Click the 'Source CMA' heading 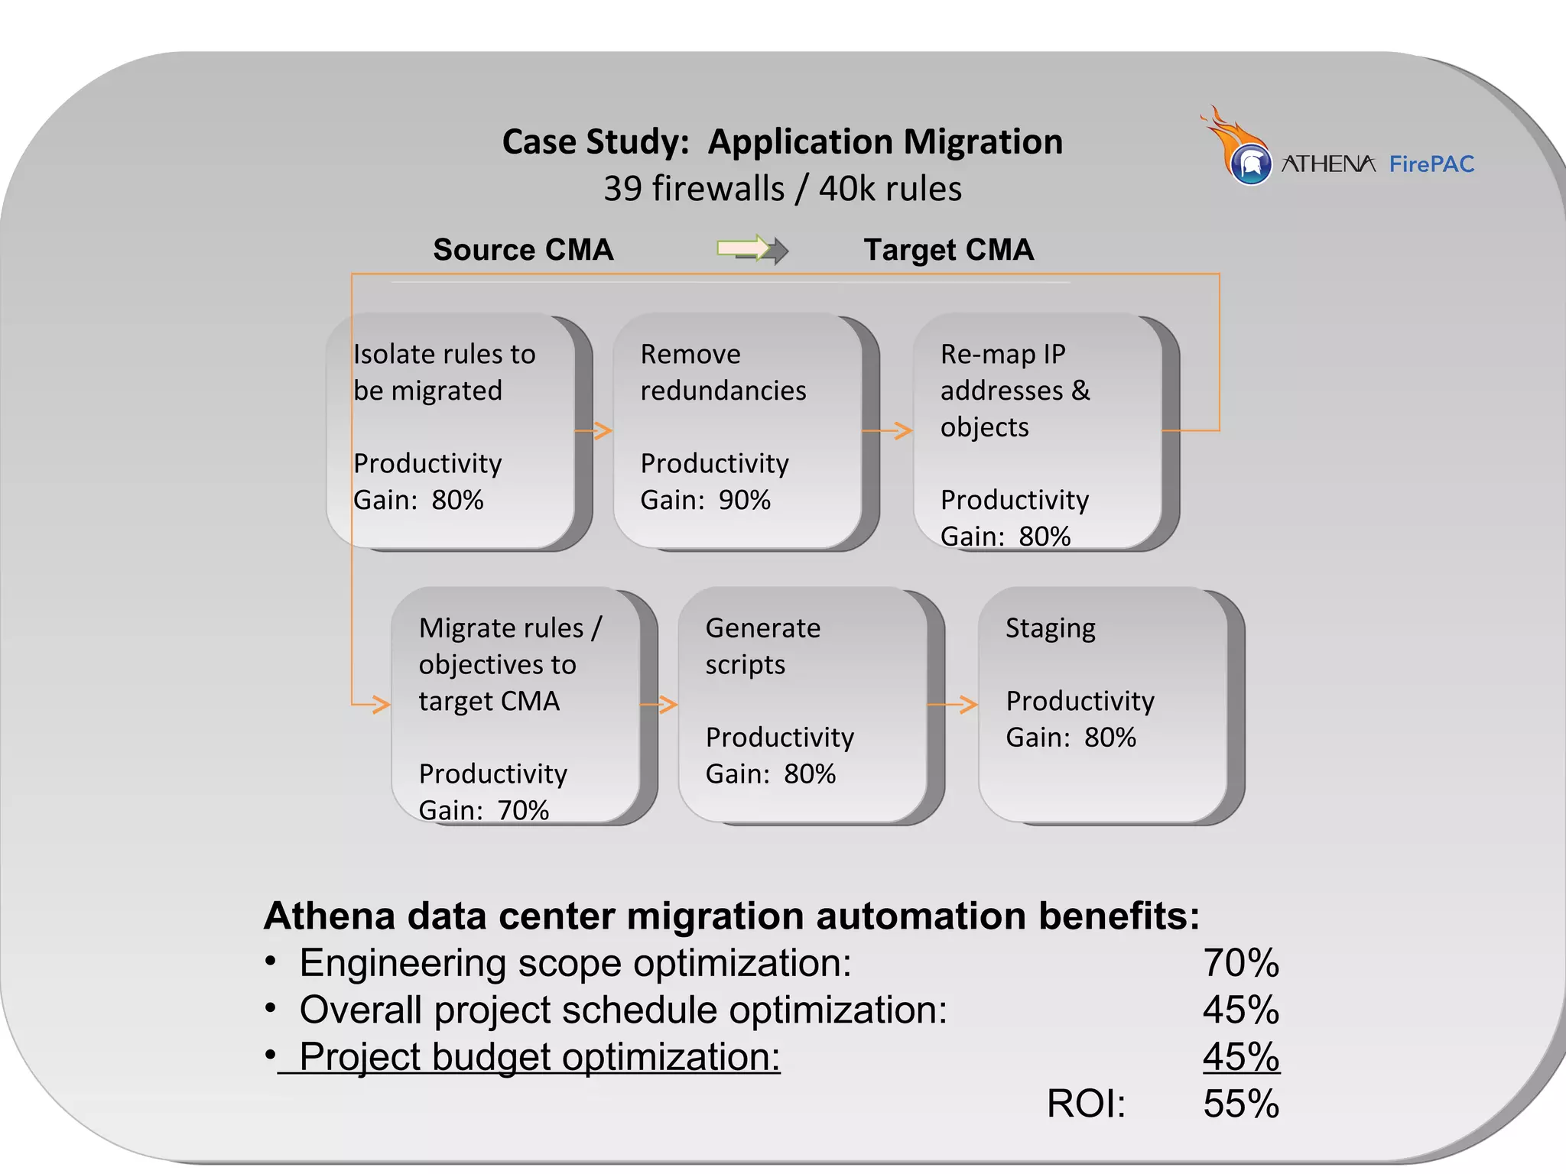coord(523,250)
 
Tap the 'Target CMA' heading coord(948,250)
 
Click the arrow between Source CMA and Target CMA coord(752,249)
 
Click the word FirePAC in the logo coord(1431,164)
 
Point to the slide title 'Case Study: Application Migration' coord(782,142)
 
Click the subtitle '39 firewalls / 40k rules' coord(782,189)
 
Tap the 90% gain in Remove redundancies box coord(744,500)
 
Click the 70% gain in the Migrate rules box coord(523,809)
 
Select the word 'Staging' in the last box coord(1050,628)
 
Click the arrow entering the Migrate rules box coord(373,703)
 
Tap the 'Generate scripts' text coord(762,646)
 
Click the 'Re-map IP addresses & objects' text coord(1014,391)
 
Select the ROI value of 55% coord(1240,1104)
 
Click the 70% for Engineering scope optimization coord(1240,963)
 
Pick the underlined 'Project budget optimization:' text coord(539,1057)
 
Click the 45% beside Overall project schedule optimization coord(1240,1010)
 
